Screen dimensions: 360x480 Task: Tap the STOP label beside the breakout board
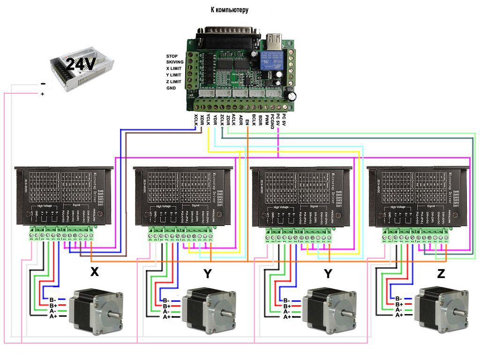[172, 56]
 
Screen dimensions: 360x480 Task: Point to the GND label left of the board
[172, 88]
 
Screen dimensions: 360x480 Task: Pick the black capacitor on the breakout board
[292, 96]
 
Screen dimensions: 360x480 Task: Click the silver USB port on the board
[273, 42]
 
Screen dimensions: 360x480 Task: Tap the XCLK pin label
[197, 121]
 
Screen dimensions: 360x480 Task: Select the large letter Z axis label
[441, 274]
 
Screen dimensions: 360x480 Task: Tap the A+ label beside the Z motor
[399, 315]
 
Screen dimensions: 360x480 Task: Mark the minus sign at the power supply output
[43, 84]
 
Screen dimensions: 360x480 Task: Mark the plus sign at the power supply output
[43, 93]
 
